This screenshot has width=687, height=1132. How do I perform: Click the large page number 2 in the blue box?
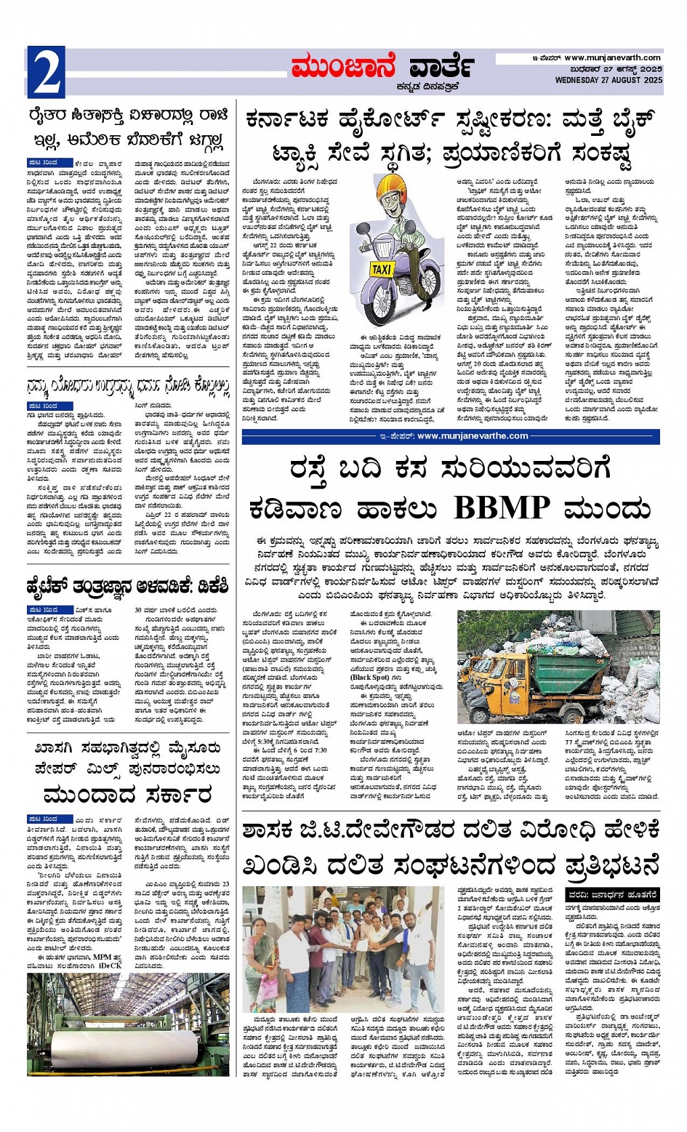point(46,71)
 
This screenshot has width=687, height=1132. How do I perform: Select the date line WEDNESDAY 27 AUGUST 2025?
point(608,80)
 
